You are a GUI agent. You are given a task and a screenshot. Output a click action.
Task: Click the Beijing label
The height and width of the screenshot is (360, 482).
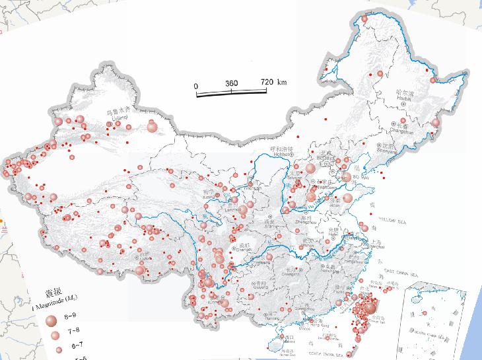(x=326, y=159)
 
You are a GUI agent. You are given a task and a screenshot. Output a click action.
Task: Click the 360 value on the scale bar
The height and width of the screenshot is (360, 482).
(x=231, y=84)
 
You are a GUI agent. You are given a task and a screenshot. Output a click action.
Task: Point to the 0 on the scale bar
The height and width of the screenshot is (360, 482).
(x=195, y=85)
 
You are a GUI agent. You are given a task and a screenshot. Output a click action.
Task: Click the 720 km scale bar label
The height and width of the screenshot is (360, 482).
(x=273, y=83)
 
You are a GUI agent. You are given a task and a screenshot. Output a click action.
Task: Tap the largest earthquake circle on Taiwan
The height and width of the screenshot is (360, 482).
(x=369, y=308)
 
